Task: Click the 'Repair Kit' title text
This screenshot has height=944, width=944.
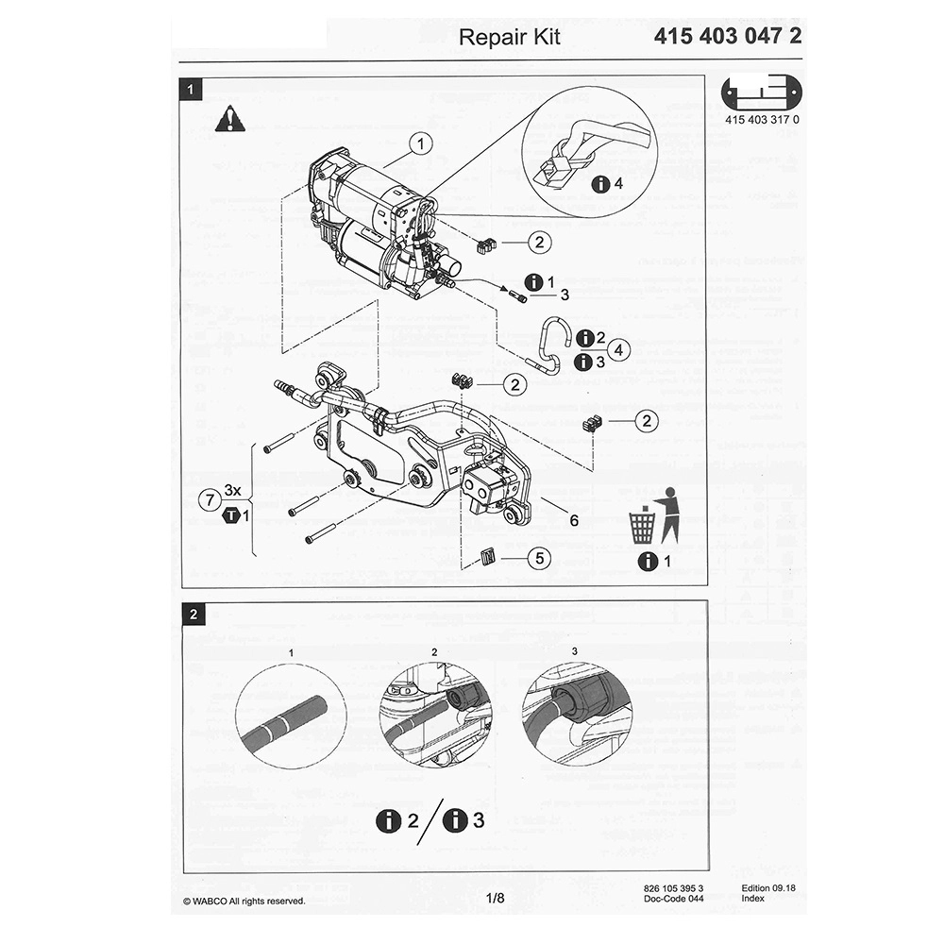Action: tap(509, 37)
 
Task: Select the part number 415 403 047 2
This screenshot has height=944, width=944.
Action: tap(728, 37)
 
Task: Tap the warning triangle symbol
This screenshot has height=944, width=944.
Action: tap(228, 120)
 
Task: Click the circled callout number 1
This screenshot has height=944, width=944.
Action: tap(420, 144)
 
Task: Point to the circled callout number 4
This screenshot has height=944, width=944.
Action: tap(618, 350)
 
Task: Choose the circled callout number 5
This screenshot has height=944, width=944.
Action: tap(538, 558)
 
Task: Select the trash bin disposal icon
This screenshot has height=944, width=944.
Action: tap(642, 525)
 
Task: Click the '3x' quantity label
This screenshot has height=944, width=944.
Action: tap(233, 491)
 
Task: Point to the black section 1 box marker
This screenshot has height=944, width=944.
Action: tap(193, 91)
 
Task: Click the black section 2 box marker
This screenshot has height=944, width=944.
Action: tap(193, 615)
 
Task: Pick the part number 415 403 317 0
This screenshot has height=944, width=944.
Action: tap(762, 120)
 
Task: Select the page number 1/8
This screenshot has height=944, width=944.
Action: tap(496, 898)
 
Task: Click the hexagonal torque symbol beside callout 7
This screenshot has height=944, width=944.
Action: tap(228, 515)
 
